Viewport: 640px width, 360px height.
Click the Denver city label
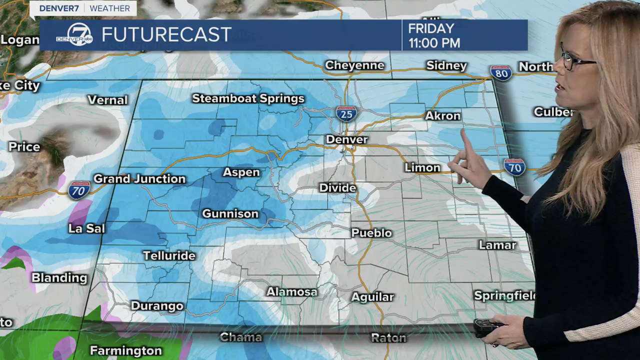346,139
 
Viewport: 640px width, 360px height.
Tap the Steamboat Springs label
248,98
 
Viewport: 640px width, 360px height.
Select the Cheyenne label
354,65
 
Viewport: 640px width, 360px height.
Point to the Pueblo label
371,233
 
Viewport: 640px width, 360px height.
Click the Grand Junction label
139,179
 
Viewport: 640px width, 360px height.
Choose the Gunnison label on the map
230,214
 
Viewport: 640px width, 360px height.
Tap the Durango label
157,306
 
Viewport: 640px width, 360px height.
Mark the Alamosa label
291,291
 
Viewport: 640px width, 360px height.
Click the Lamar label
497,245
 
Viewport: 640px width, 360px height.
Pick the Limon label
422,167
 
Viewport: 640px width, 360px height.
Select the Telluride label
169,255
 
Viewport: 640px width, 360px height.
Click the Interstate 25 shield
346,113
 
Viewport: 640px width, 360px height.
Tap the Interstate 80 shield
500,73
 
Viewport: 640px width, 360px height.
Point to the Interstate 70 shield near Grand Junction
79,190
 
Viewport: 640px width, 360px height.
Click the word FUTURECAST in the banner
166,35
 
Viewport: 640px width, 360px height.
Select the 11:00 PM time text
434,43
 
